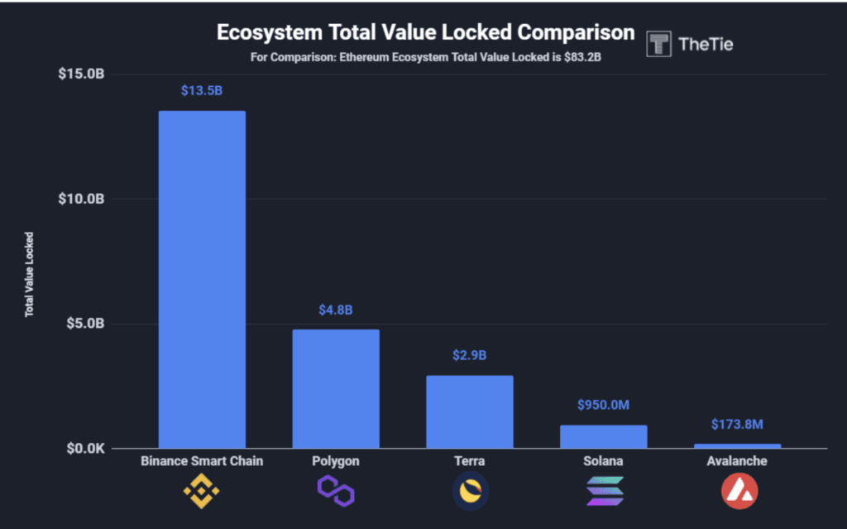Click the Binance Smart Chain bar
[x=202, y=280]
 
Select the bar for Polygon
[x=336, y=389]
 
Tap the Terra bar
[x=470, y=412]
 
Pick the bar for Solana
[x=604, y=436]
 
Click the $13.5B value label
[x=202, y=90]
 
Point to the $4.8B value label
[x=336, y=310]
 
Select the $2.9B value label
[x=470, y=355]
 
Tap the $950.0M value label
[x=604, y=405]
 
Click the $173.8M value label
[x=737, y=424]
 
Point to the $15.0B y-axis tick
[x=81, y=75]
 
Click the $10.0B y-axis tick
[x=81, y=199]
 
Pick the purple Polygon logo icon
[x=336, y=492]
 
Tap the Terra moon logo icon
[x=470, y=492]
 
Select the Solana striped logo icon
[x=605, y=492]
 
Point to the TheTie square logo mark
[x=659, y=44]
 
